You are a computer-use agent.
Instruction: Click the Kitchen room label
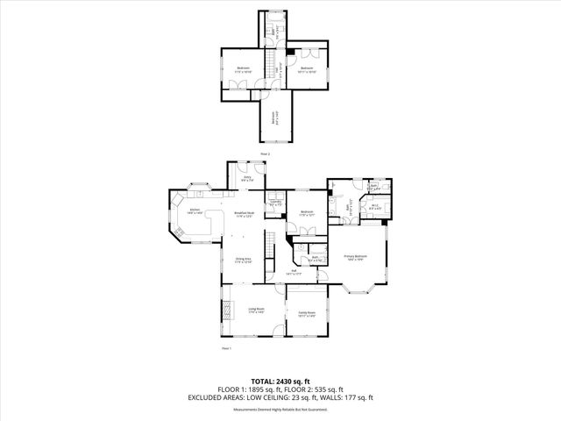[x=195, y=211]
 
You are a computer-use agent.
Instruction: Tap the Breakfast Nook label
[x=245, y=214]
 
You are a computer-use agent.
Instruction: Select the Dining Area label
[x=244, y=260]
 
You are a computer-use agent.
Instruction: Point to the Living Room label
[x=256, y=310]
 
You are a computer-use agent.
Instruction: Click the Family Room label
[x=306, y=314]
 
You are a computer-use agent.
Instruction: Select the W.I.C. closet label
[x=374, y=208]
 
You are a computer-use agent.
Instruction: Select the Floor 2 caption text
[x=265, y=153]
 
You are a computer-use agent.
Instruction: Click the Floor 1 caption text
[x=225, y=349]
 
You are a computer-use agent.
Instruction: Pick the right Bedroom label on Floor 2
[x=307, y=68]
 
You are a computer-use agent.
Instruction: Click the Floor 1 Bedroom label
[x=308, y=213]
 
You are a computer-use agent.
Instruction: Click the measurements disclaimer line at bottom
[x=280, y=408]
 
